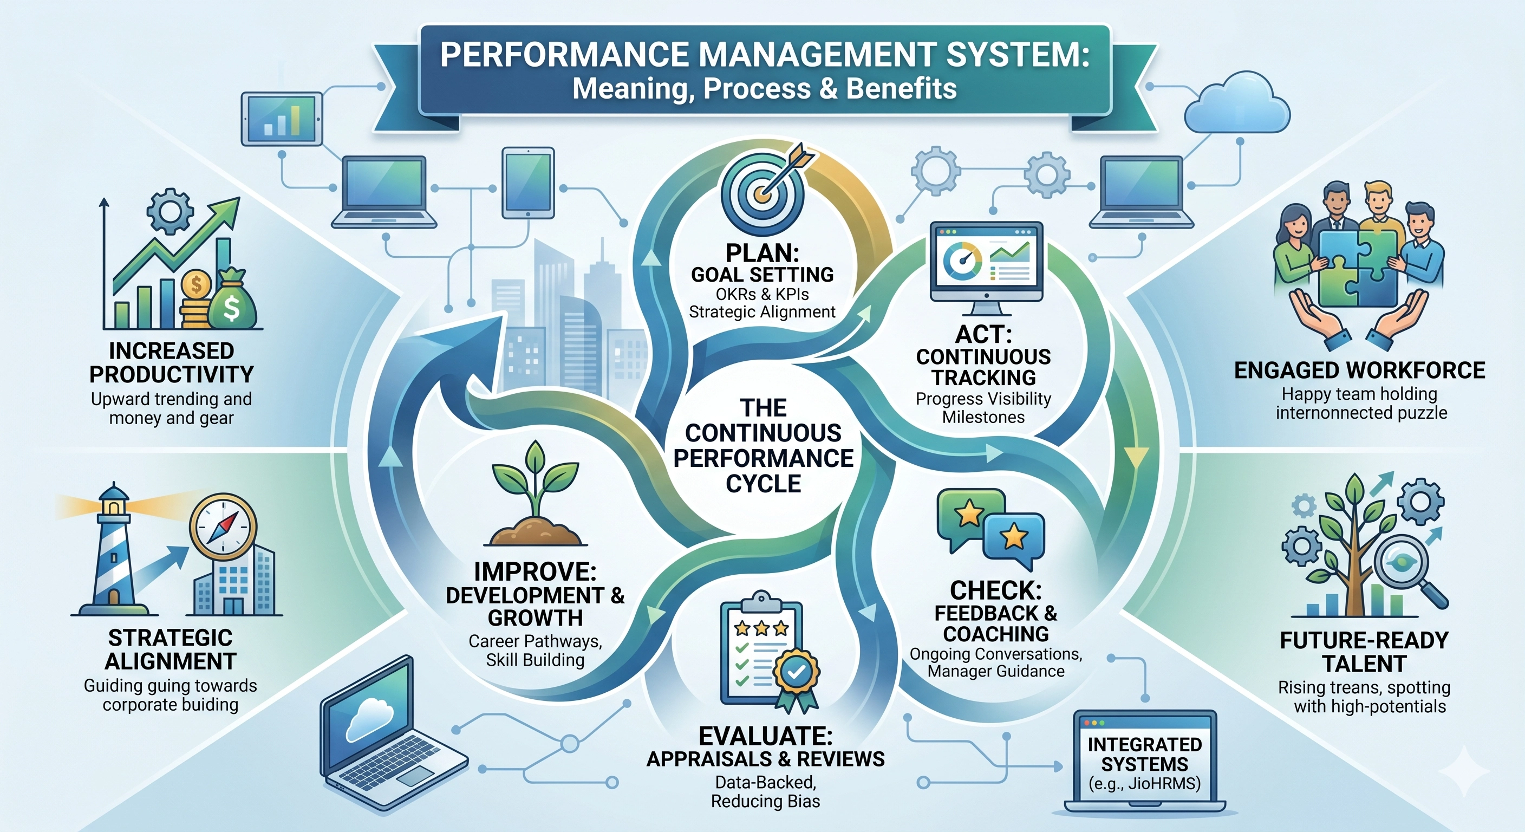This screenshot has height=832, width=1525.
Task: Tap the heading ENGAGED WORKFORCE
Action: (1359, 370)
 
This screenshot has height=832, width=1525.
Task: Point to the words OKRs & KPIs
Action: (762, 294)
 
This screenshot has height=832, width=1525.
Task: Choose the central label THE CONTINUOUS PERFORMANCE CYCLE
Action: (763, 446)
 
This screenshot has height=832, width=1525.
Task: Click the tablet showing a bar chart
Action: (282, 119)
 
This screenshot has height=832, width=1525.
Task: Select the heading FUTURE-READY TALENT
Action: (1364, 652)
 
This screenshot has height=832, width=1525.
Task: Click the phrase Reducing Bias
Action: (765, 801)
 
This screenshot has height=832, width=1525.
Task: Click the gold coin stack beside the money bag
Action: (196, 300)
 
